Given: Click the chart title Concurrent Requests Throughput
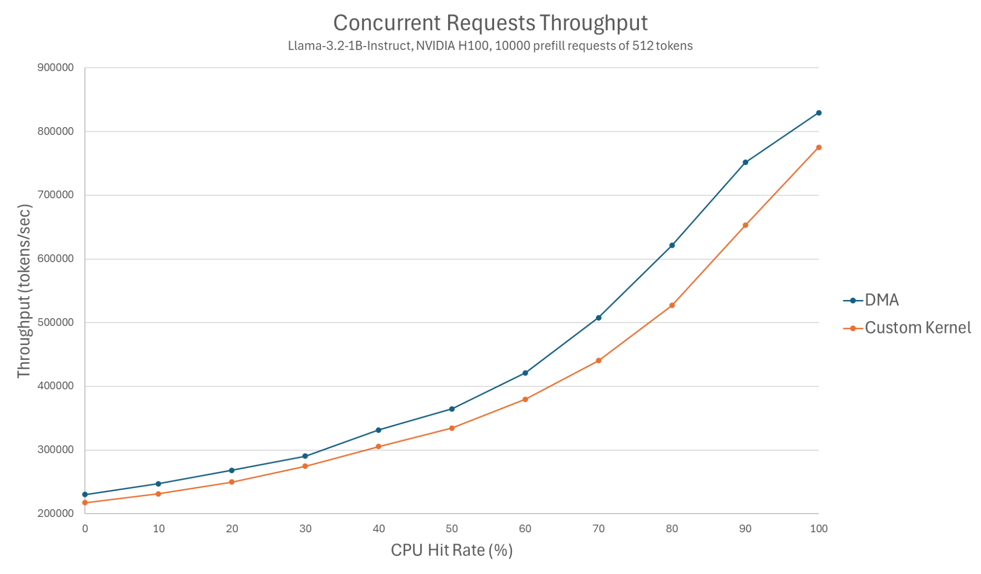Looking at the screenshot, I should [x=490, y=23].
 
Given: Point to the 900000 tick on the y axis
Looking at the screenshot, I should [x=55, y=68].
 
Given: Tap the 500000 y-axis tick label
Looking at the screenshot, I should [x=55, y=323].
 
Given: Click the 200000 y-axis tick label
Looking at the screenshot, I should [x=55, y=514].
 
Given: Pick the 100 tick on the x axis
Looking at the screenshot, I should [x=819, y=529].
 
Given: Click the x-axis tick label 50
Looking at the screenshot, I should [x=451, y=529].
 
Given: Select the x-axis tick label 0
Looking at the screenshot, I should [x=85, y=529].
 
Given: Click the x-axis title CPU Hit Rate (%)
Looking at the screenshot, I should [x=451, y=550].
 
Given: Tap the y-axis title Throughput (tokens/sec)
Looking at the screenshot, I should [x=24, y=291].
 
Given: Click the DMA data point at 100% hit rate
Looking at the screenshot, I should [x=819, y=113].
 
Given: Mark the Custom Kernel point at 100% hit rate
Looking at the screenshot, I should [x=819, y=147].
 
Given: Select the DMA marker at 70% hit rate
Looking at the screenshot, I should [x=598, y=318].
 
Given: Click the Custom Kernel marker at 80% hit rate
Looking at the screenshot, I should [x=672, y=305].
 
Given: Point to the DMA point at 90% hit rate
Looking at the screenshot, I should [x=745, y=163].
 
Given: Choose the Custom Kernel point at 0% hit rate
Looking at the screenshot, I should [x=85, y=503].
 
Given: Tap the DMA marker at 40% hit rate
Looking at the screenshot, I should [x=378, y=430].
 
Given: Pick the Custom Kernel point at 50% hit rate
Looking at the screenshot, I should [x=451, y=428].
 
